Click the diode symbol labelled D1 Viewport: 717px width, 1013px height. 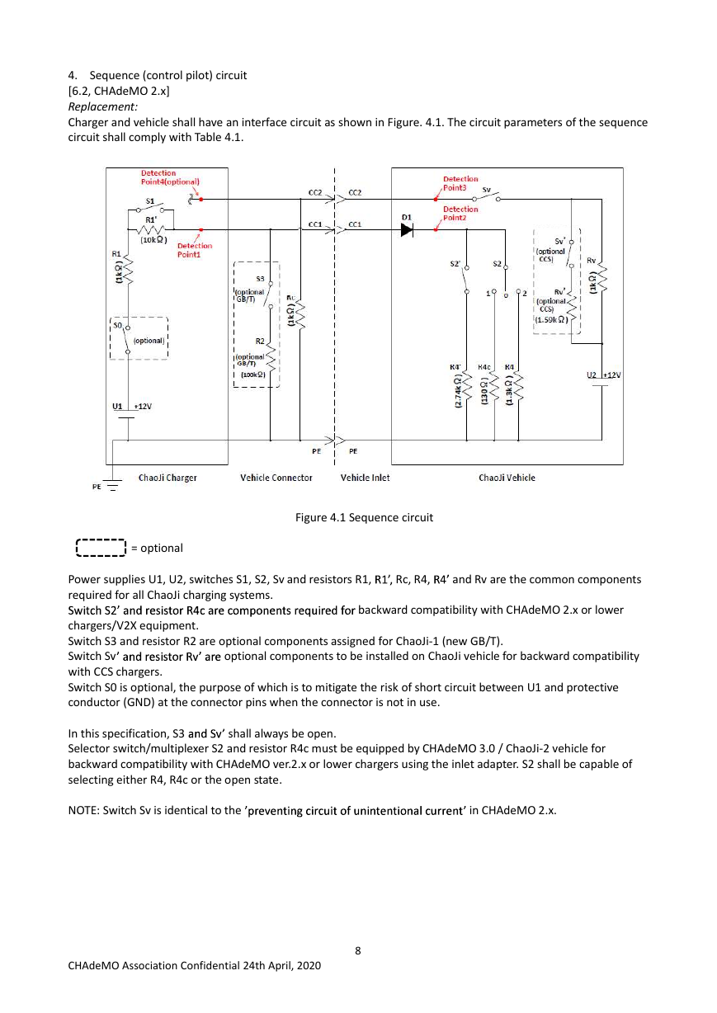[x=407, y=229]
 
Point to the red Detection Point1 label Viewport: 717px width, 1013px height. [x=195, y=250]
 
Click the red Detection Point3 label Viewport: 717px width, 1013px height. [x=460, y=183]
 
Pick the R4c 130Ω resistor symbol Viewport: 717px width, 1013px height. [x=494, y=388]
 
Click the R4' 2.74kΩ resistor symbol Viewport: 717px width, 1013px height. [x=467, y=388]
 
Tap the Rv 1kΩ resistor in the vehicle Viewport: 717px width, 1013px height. [x=601, y=278]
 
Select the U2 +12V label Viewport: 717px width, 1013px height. [x=603, y=375]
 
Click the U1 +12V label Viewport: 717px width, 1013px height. [x=132, y=406]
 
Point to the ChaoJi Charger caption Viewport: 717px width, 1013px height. [x=167, y=478]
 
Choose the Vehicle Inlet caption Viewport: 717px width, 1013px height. [x=365, y=478]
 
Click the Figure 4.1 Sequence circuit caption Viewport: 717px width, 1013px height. [x=364, y=517]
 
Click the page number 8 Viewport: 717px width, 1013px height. [x=358, y=950]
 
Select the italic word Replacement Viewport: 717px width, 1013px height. [x=102, y=106]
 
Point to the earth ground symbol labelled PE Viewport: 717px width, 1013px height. [x=112, y=485]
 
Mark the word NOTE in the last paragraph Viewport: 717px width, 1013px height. [x=83, y=810]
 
